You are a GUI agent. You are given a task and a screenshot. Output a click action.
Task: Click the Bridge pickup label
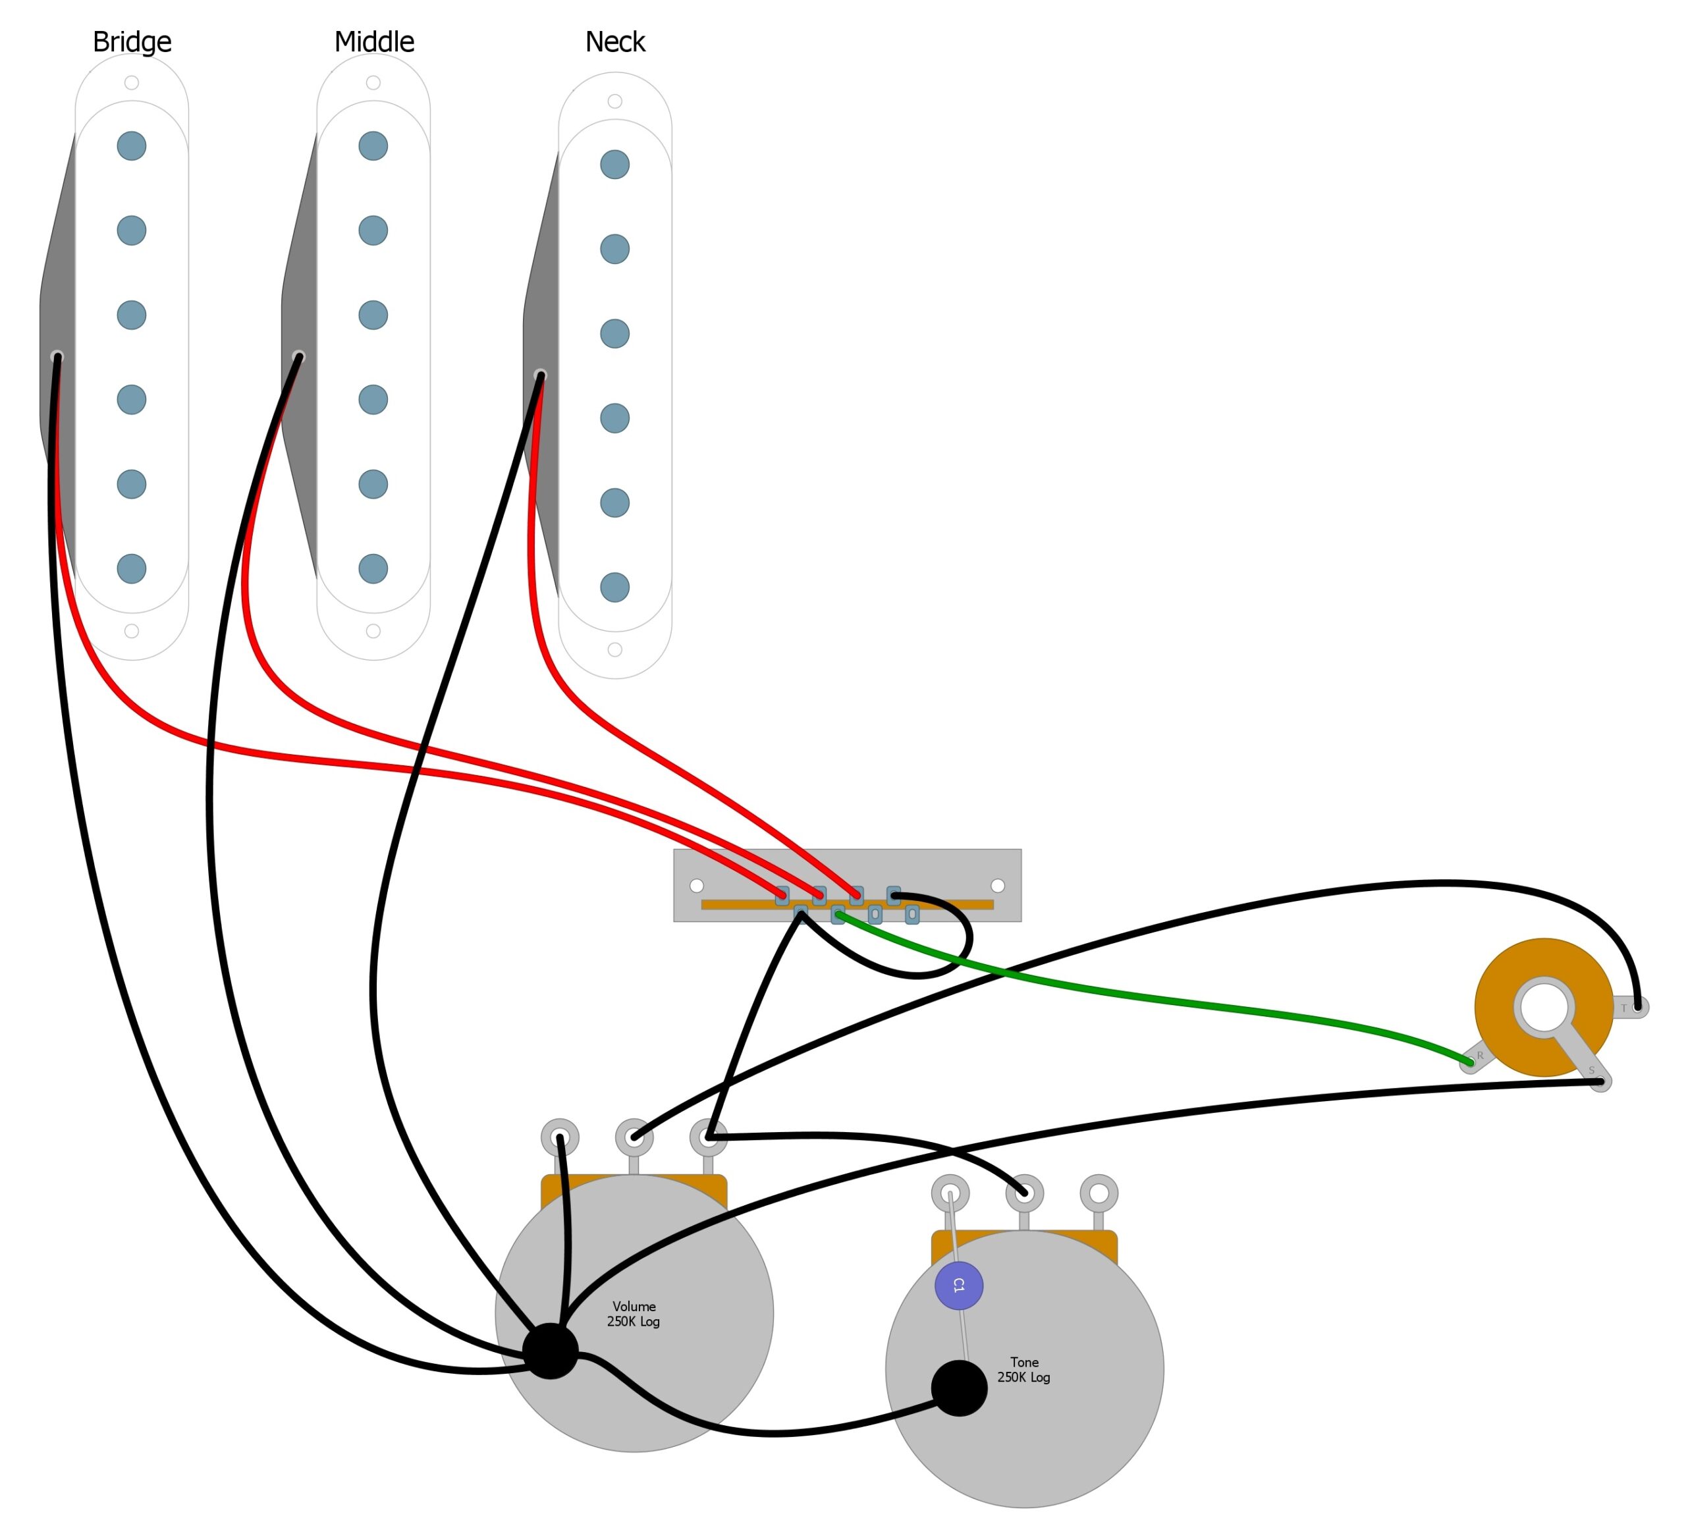tap(132, 41)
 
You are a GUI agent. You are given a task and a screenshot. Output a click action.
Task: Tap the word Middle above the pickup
tap(374, 41)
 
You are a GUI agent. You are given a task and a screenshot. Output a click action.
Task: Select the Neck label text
tap(614, 41)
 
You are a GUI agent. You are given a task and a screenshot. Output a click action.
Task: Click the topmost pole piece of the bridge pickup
tap(131, 146)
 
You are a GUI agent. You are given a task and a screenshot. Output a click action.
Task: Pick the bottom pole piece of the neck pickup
tap(614, 587)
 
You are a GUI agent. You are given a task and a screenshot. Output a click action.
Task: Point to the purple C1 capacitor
tap(959, 1286)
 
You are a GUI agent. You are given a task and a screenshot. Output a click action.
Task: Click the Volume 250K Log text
tap(634, 1314)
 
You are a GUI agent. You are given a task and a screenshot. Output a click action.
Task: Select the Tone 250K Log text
tap(1024, 1370)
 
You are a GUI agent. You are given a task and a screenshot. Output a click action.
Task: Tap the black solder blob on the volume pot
tap(551, 1351)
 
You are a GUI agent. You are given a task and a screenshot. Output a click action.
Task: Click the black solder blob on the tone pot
tap(959, 1388)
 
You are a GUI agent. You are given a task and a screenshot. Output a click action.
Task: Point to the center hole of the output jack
tap(1543, 1007)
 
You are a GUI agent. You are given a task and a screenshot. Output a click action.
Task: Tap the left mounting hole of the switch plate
tap(696, 885)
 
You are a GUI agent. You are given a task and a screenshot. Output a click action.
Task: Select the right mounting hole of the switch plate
tap(997, 885)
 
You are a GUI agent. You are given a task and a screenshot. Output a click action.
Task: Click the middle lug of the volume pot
tap(634, 1137)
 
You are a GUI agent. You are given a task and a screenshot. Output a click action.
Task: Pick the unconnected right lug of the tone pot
tap(1098, 1193)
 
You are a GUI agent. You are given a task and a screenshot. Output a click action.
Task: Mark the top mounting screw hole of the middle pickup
tap(373, 83)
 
